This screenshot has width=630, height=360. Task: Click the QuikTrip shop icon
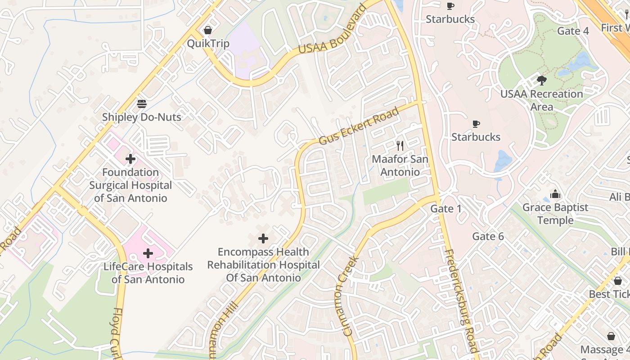pos(208,31)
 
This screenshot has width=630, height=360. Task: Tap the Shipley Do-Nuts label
pos(141,117)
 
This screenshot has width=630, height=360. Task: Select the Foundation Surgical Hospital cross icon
pos(130,159)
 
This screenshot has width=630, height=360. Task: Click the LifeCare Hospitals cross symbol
pos(148,253)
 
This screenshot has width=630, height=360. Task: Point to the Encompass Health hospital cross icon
pos(263,238)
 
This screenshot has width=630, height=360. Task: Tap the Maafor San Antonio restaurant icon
pos(400,146)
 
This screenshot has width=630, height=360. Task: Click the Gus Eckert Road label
pos(359,126)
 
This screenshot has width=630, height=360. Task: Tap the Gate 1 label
pos(445,209)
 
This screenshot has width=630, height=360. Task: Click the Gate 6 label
pos(487,237)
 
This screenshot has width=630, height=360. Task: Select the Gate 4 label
pos(572,31)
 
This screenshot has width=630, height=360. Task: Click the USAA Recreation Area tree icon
pos(542,81)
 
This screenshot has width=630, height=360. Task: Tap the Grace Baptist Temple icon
pos(555,194)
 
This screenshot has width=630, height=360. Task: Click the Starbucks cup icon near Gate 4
pos(450,6)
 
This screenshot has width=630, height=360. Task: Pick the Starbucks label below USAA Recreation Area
pos(476,137)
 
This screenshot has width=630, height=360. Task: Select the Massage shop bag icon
pos(611,337)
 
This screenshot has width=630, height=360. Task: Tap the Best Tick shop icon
pos(618,281)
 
